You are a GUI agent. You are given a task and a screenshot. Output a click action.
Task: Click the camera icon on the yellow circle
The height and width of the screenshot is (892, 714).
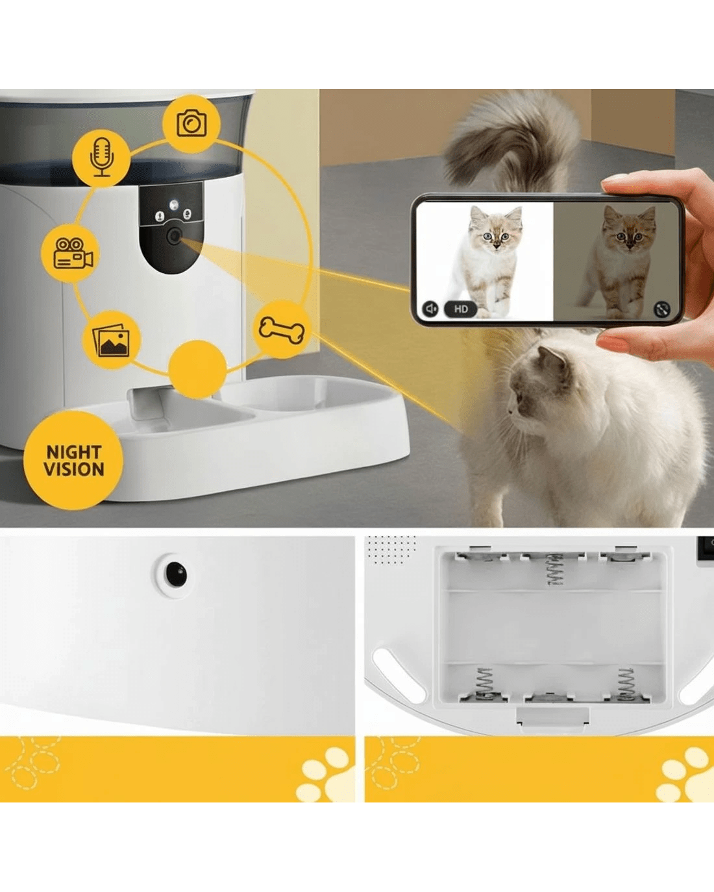pyautogui.click(x=191, y=123)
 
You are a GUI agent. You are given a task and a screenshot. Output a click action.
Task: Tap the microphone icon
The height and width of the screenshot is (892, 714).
pyautogui.click(x=102, y=158)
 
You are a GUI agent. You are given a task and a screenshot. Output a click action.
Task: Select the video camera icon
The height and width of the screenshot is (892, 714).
pyautogui.click(x=73, y=253)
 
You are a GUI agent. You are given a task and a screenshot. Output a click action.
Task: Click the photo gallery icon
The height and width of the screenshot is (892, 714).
pyautogui.click(x=111, y=341)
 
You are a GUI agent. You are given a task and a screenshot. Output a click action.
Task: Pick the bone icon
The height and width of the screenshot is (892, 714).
pyautogui.click(x=282, y=330)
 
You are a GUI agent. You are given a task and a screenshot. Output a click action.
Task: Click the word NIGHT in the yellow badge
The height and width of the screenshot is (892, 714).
pyautogui.click(x=74, y=452)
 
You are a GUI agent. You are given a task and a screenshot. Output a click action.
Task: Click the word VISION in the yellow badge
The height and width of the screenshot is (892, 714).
pyautogui.click(x=74, y=470)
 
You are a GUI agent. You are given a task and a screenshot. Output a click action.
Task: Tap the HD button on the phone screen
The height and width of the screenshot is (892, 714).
pyautogui.click(x=460, y=309)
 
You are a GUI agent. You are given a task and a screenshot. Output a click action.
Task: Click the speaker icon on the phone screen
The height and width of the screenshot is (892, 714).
pyautogui.click(x=430, y=309)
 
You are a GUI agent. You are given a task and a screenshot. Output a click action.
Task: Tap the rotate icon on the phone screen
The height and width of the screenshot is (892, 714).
pyautogui.click(x=662, y=309)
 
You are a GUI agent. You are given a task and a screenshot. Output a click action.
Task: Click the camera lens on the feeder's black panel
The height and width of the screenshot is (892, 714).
pyautogui.click(x=173, y=237)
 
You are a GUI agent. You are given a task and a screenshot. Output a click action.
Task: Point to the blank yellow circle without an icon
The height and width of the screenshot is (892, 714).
pyautogui.click(x=197, y=369)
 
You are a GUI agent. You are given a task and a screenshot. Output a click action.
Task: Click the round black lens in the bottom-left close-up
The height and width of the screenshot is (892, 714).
pyautogui.click(x=176, y=574)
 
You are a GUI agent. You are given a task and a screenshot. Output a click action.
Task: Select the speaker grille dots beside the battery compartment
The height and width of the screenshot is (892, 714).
pyautogui.click(x=391, y=549)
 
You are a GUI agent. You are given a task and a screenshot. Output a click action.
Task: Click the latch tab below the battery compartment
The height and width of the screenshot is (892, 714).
pyautogui.click(x=552, y=717)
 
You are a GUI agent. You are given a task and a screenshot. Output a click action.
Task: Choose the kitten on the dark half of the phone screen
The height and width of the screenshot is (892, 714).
pyautogui.click(x=617, y=261)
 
